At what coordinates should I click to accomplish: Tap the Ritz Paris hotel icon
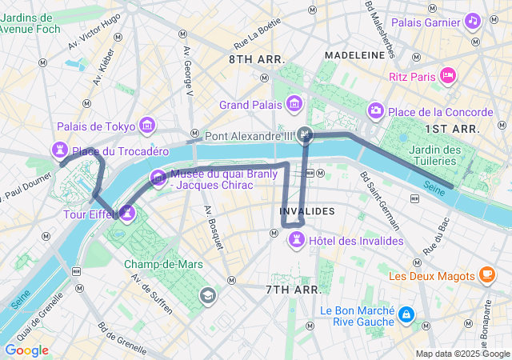tap(448, 76)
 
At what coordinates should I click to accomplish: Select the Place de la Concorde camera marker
tap(376, 110)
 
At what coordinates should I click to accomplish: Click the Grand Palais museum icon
tap(294, 104)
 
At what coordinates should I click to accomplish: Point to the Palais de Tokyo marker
tap(147, 125)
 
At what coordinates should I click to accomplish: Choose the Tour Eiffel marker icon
tap(126, 213)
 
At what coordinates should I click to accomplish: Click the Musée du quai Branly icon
tap(157, 176)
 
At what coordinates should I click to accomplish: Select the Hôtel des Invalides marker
tap(297, 238)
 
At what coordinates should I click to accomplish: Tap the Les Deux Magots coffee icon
tap(486, 275)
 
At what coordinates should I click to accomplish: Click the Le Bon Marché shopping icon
tap(407, 315)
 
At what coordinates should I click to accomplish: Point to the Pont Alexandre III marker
tap(305, 134)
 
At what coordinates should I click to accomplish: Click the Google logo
tap(26, 350)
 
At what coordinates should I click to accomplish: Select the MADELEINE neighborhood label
tap(354, 54)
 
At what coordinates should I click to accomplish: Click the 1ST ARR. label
tap(452, 128)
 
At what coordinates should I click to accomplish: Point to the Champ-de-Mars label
tap(163, 264)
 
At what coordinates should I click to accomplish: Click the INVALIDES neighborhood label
tap(307, 210)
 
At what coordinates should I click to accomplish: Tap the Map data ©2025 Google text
tap(462, 354)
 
